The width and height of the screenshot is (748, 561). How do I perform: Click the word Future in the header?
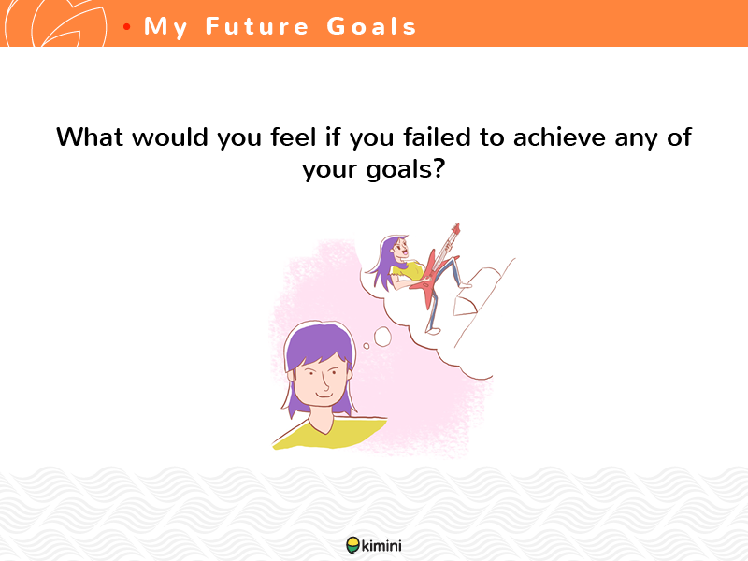point(257,26)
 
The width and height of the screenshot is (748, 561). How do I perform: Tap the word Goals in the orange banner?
point(371,26)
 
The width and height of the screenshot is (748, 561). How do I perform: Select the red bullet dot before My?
point(126,27)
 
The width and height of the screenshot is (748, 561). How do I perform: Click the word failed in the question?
point(438,137)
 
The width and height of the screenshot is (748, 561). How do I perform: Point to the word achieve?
point(560,137)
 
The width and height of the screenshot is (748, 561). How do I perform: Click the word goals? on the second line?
point(406,169)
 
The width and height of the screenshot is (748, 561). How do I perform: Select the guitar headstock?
point(455,229)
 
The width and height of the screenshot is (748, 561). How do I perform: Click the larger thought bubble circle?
point(382,337)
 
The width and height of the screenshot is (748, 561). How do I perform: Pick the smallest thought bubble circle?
point(367,346)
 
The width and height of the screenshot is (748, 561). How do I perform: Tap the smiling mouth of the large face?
point(324,395)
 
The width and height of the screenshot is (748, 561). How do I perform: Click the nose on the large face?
point(324,381)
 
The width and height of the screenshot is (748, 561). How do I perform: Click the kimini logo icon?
point(353,545)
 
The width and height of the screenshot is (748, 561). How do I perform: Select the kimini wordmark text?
point(381,545)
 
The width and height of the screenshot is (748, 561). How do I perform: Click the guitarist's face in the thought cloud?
point(401,249)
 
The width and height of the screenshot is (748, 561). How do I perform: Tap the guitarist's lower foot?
point(433,331)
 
